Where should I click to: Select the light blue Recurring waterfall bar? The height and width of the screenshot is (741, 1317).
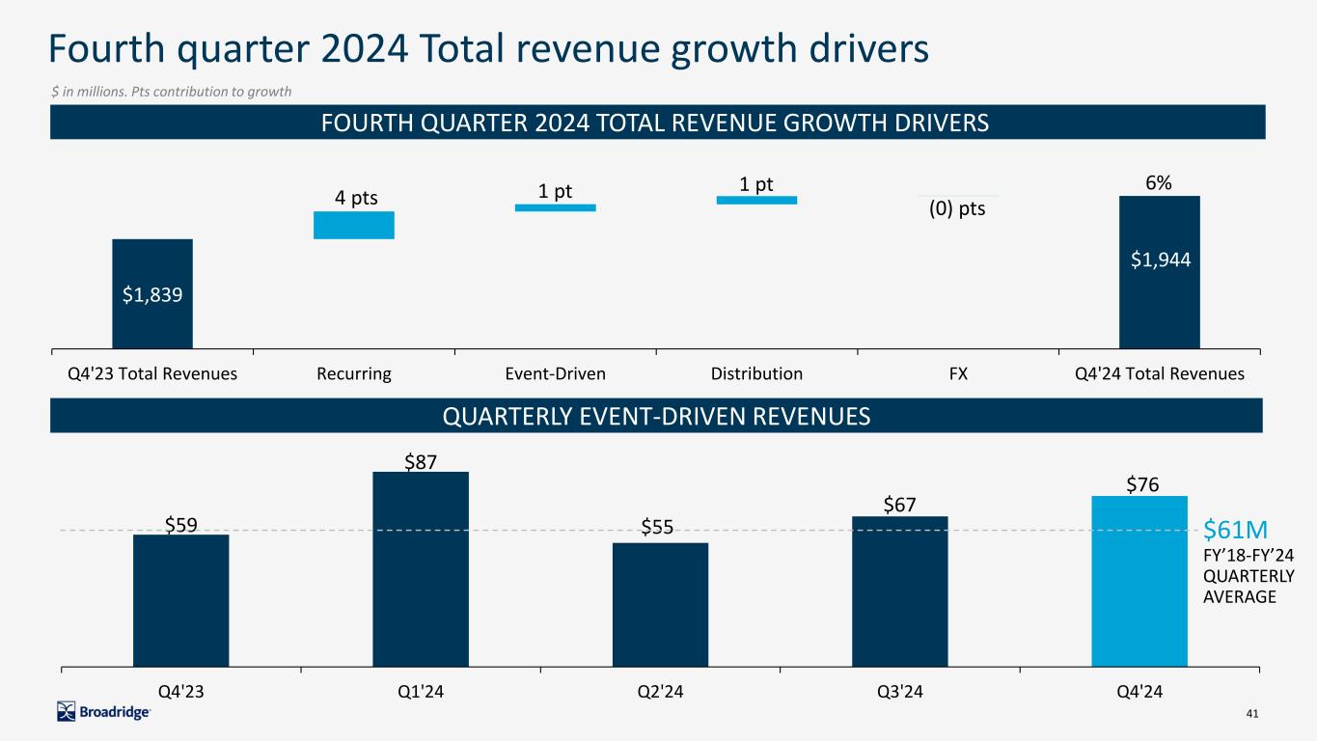(x=353, y=225)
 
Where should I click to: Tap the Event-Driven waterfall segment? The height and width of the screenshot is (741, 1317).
(x=555, y=206)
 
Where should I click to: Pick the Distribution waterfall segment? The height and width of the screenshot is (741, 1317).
(x=756, y=200)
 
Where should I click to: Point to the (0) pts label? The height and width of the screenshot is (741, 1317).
(x=957, y=208)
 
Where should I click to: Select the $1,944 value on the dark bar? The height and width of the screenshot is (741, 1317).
(x=1160, y=259)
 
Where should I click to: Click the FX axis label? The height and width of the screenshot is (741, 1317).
(x=957, y=373)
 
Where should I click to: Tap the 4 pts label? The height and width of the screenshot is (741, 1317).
(x=356, y=199)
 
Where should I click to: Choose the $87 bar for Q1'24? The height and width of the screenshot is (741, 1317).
(x=421, y=569)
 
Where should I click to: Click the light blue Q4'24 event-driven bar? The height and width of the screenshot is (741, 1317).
(x=1139, y=581)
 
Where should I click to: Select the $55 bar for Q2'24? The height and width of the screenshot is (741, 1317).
(x=660, y=604)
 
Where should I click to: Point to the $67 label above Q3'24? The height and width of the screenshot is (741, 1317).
(x=899, y=505)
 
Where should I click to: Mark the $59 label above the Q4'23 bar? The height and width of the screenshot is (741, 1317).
(x=180, y=523)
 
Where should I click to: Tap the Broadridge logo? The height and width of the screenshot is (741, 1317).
(x=104, y=712)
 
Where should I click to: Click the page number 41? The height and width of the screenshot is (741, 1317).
(x=1253, y=713)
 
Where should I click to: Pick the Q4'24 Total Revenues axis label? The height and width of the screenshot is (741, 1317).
(x=1160, y=373)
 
